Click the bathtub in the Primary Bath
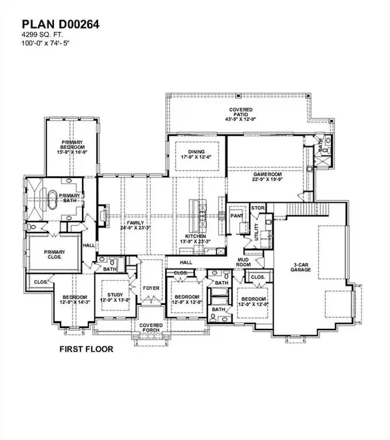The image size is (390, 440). click(53, 199)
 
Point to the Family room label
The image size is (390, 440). click(130, 225)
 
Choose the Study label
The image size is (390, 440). click(114, 298)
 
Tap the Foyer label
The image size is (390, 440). click(151, 287)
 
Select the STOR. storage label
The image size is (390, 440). click(257, 209)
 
